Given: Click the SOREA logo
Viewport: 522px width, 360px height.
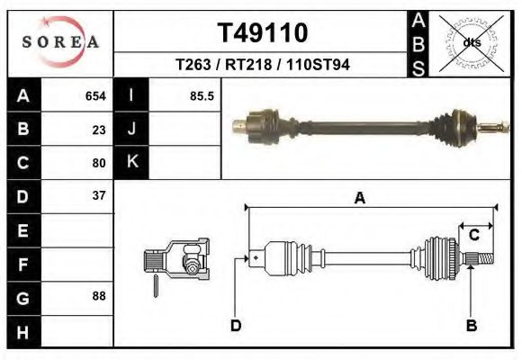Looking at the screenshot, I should click(60, 42).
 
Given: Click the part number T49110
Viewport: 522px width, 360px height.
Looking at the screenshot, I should click(263, 33).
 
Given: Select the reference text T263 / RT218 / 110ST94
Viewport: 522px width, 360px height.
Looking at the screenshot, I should click(263, 65).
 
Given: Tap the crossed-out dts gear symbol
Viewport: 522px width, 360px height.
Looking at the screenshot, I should click(470, 41).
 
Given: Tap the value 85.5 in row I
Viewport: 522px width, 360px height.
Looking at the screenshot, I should click(202, 95).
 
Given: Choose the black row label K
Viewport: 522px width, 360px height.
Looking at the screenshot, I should click(131, 163).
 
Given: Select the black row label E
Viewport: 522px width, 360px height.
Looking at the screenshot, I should click(23, 230).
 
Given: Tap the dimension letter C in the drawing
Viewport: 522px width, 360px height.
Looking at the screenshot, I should click(473, 236).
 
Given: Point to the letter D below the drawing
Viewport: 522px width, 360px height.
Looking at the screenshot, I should click(236, 326).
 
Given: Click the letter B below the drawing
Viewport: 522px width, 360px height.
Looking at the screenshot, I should click(470, 326).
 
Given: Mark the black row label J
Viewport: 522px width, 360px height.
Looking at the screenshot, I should click(131, 129).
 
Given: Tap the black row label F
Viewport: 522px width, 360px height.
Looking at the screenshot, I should click(23, 264).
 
